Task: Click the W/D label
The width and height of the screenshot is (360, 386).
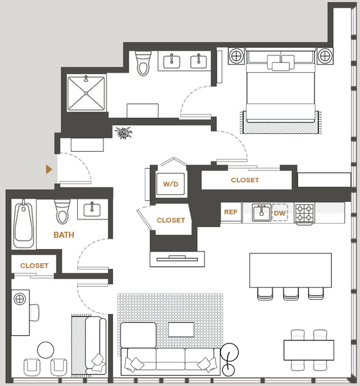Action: click(170, 184)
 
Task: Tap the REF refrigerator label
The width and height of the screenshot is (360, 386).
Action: click(231, 212)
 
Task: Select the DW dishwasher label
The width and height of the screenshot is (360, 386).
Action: click(280, 213)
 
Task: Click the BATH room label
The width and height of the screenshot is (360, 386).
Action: click(64, 235)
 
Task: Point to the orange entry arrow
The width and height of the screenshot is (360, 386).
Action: click(49, 169)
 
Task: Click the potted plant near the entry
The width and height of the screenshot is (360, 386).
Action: click(123, 133)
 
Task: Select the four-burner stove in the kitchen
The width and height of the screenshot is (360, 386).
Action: click(305, 214)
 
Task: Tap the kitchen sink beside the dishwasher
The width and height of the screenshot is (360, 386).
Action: click(262, 212)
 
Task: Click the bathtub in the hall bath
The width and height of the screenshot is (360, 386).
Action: click(24, 224)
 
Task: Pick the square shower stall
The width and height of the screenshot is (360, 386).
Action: click(86, 93)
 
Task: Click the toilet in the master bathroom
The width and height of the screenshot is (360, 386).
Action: click(143, 63)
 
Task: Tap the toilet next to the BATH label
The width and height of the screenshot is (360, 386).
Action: click(62, 212)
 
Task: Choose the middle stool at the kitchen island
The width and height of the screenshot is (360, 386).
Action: click(291, 293)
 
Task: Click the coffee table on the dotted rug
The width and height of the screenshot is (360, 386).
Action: click(181, 329)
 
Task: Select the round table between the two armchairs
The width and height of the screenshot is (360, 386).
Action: click(46, 350)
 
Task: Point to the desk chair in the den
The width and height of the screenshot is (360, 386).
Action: click(34, 313)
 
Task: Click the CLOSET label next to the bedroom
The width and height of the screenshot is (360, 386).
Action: click(245, 180)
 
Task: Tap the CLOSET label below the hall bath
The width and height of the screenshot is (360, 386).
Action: click(35, 266)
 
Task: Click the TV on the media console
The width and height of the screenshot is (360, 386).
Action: click(177, 259)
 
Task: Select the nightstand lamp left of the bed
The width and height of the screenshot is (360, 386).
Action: click(236, 56)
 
